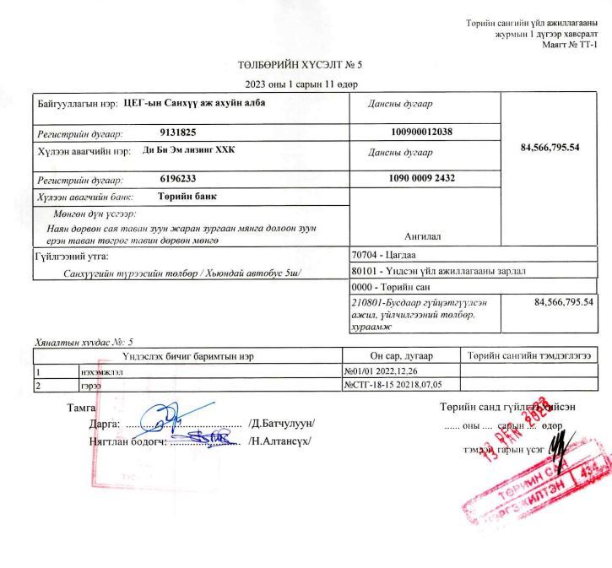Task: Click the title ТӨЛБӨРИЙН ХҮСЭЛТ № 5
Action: coord(300,64)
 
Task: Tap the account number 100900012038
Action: coord(422,133)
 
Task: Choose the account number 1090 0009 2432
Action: coord(422,179)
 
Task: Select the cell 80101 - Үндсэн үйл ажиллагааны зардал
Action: coord(437,271)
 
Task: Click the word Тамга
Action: coord(81,408)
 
